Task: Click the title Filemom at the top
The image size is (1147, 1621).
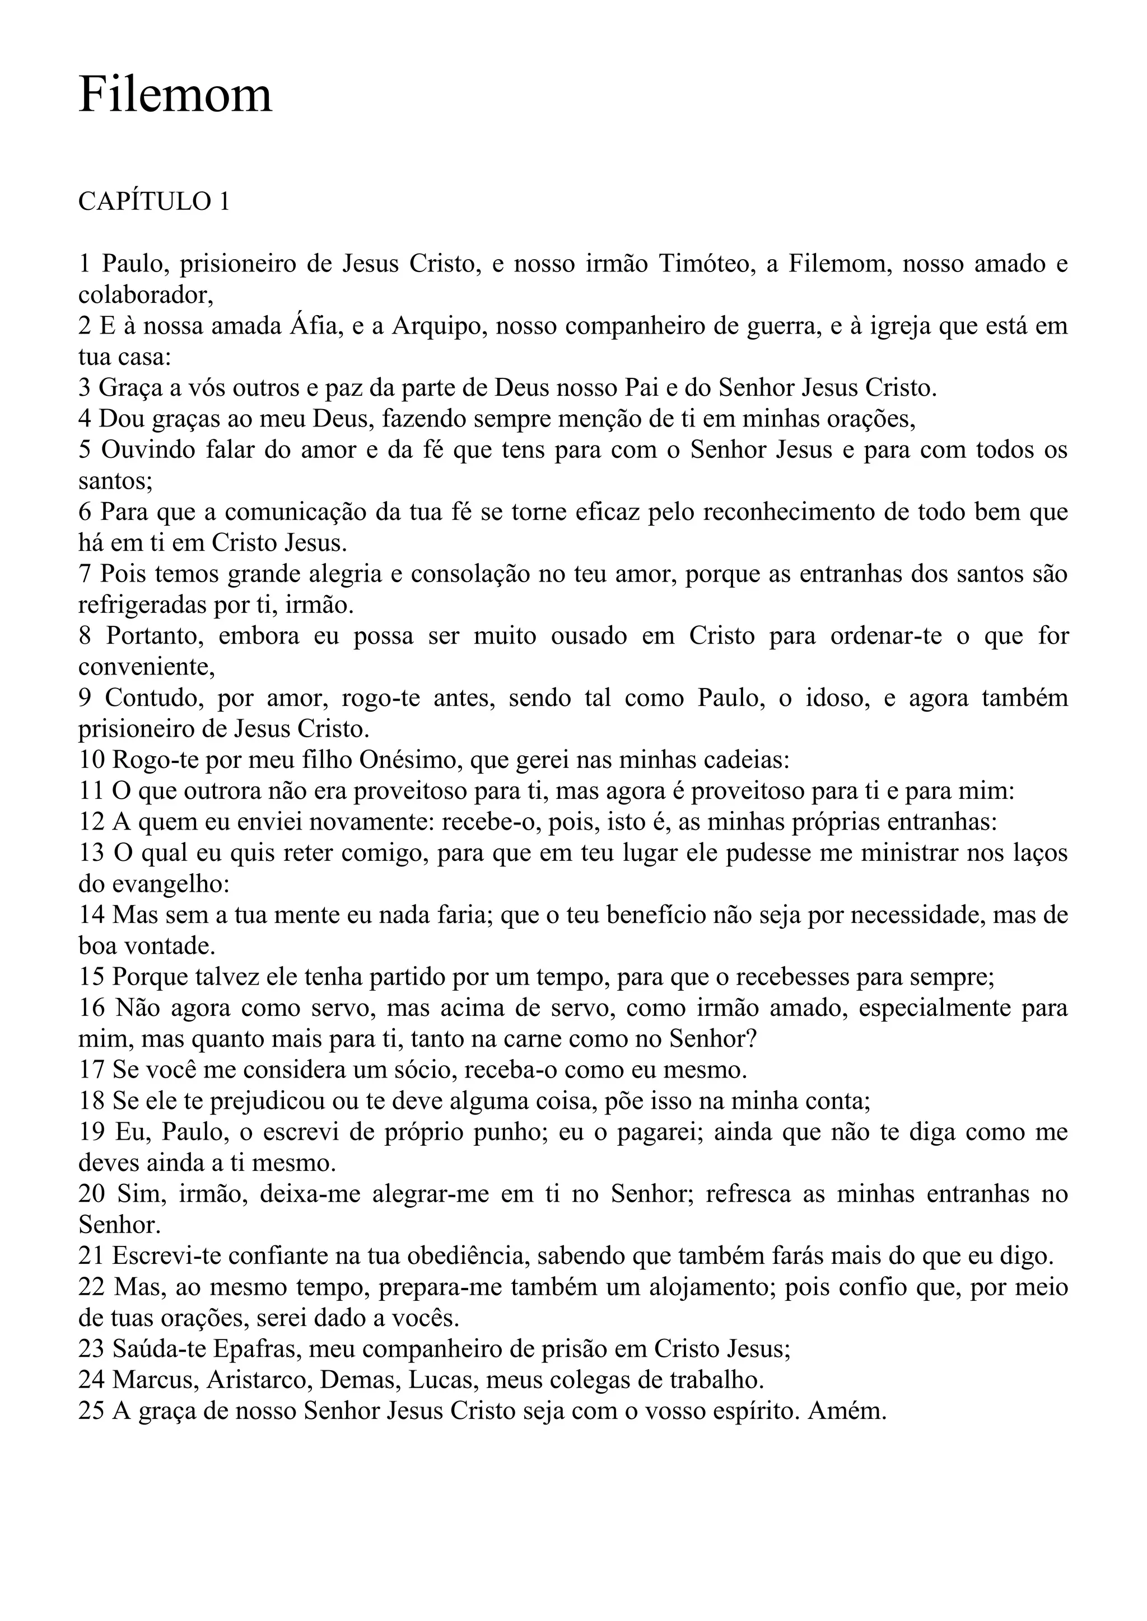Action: [x=175, y=95]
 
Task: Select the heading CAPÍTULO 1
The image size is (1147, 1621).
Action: [x=154, y=202]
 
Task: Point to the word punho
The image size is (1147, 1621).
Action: [x=516, y=1132]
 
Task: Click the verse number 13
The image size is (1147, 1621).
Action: [x=91, y=854]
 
